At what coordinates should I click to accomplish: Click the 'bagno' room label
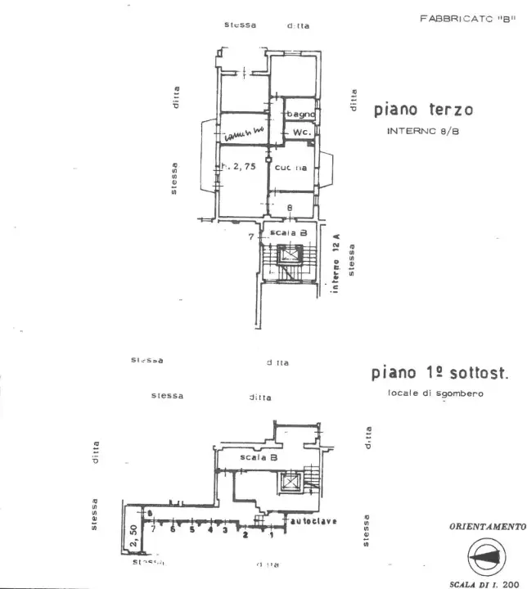(300, 115)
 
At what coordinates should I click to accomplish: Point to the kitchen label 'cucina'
(291, 167)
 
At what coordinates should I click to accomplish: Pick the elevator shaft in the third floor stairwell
(291, 255)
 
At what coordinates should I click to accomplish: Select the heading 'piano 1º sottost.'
(439, 374)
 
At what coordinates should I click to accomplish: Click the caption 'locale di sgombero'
(435, 393)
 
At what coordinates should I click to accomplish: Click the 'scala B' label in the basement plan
(259, 458)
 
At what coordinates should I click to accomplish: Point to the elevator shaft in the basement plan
(290, 482)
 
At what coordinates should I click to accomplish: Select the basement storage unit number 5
(192, 529)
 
